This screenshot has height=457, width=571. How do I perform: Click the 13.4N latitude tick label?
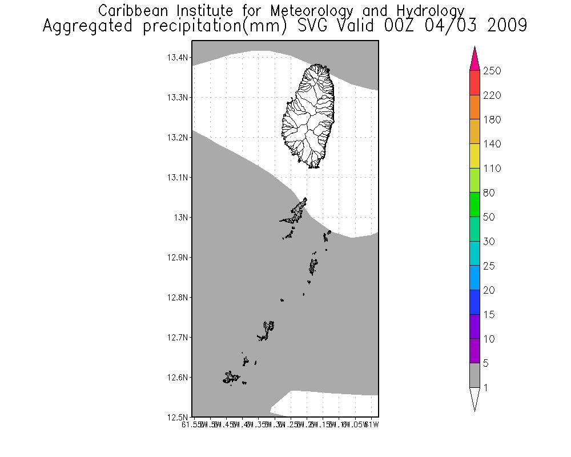click(177, 57)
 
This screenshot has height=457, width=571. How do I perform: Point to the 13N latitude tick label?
click(181, 217)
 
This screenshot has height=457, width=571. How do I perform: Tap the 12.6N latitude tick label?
click(177, 377)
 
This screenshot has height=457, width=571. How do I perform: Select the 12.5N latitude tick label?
click(177, 417)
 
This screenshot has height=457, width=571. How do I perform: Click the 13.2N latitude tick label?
click(177, 137)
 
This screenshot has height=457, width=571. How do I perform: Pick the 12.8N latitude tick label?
click(177, 297)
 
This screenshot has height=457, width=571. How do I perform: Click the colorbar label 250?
click(493, 71)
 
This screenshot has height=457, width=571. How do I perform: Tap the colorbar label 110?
click(493, 169)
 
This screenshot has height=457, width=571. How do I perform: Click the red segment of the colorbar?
click(475, 83)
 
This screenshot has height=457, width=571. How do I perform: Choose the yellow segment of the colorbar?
click(475, 156)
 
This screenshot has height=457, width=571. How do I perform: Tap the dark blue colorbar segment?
click(475, 303)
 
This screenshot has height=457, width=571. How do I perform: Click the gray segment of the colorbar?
click(475, 376)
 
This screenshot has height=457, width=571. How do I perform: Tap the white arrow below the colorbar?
click(475, 398)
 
